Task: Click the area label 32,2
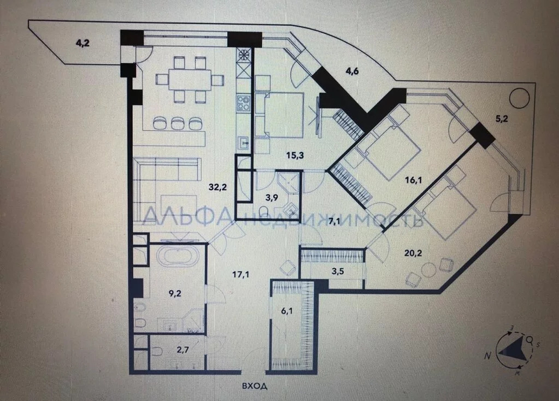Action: click(218, 187)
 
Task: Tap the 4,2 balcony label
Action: click(83, 43)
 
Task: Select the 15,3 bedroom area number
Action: click(295, 155)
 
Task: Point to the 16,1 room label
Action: click(414, 180)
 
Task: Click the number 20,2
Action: click(414, 253)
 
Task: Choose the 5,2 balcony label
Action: click(502, 119)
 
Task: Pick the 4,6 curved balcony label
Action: click(352, 71)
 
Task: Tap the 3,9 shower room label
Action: click(272, 198)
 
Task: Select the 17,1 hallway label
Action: click(240, 274)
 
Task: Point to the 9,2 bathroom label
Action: click(175, 293)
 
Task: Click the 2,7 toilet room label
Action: click(183, 350)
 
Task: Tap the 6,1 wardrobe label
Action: click(287, 311)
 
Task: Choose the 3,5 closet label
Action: click(338, 272)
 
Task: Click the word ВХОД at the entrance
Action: click(255, 386)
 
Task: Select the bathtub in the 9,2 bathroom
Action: click(177, 256)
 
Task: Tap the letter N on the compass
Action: click(487, 355)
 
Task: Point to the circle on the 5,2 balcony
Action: click(520, 98)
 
